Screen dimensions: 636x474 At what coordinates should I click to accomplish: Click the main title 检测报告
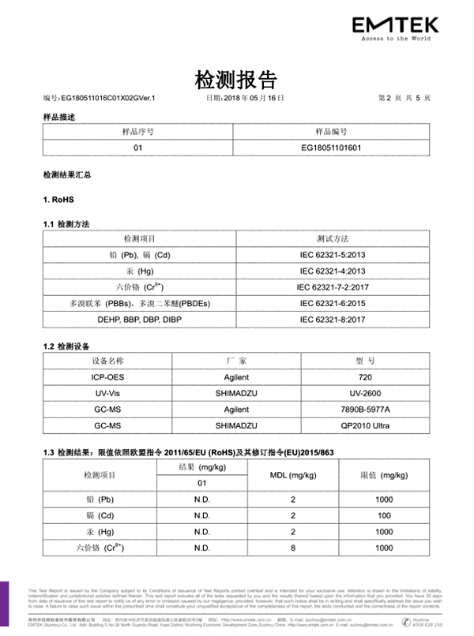[x=236, y=79]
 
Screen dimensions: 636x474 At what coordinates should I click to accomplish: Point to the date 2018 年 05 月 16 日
[x=244, y=98]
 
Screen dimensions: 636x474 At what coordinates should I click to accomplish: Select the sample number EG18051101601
[x=332, y=147]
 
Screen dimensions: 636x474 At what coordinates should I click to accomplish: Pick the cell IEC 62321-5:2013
[x=332, y=255]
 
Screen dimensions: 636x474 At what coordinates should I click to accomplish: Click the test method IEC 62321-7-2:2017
[x=332, y=287]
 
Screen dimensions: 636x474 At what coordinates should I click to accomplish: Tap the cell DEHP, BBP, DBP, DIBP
[x=139, y=319]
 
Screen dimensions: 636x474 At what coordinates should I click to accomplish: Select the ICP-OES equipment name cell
[x=106, y=377]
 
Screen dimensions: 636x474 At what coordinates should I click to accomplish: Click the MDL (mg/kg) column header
[x=292, y=475]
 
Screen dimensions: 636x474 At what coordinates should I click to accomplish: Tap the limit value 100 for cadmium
[x=384, y=515]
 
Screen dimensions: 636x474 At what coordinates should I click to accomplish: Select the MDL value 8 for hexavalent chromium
[x=292, y=548]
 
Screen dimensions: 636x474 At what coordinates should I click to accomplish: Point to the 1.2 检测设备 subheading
[x=66, y=346]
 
